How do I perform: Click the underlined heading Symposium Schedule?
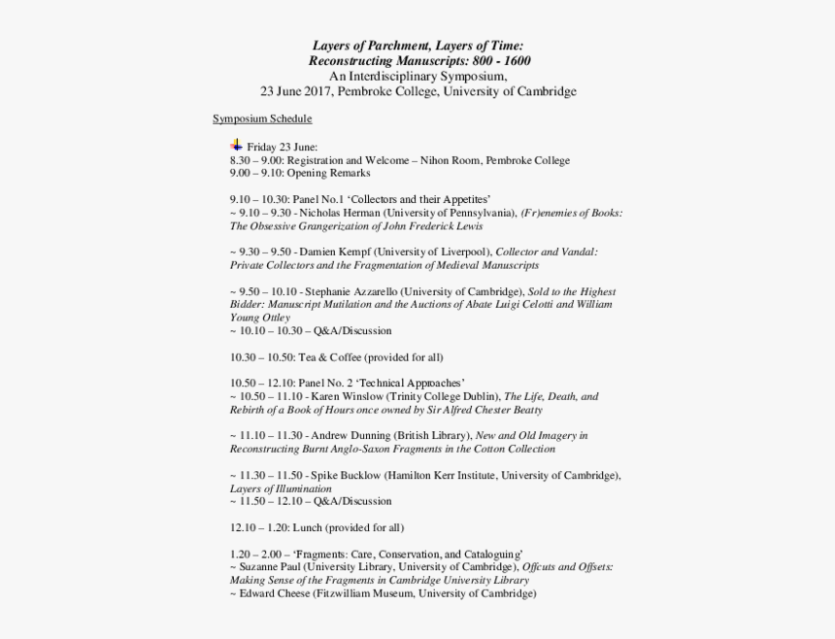pyautogui.click(x=262, y=118)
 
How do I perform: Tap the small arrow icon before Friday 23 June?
pyautogui.click(x=237, y=145)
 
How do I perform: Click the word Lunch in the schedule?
pyautogui.click(x=307, y=527)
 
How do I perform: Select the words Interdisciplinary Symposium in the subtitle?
pyautogui.click(x=426, y=76)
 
